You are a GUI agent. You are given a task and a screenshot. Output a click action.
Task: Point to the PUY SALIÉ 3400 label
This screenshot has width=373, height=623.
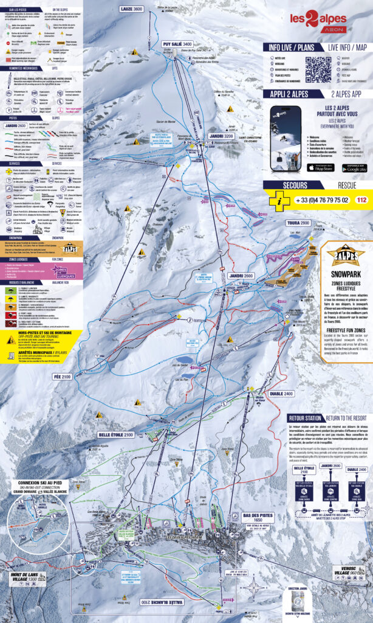[x=177, y=44]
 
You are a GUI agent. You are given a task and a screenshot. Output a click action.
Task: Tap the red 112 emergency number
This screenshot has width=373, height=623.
[x=362, y=199]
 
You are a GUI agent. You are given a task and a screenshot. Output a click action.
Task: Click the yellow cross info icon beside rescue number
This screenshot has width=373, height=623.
[x=278, y=199]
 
